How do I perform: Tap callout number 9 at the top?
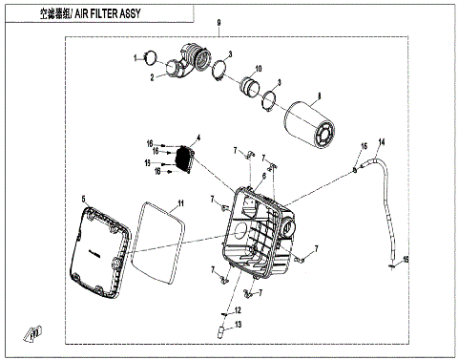(x=219, y=22)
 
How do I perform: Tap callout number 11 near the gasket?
(x=177, y=203)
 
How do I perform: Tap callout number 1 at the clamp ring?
(x=137, y=56)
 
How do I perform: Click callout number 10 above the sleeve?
(x=258, y=67)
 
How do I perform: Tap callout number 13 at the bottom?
(x=239, y=326)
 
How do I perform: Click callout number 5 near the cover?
(x=84, y=199)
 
